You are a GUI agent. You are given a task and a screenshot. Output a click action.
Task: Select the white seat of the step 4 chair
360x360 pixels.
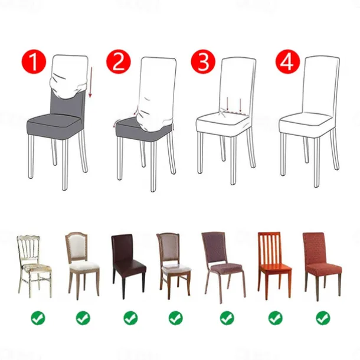310,123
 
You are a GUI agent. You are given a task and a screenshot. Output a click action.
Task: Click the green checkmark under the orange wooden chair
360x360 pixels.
275,318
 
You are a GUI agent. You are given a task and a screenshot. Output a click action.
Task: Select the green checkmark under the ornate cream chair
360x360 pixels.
38,318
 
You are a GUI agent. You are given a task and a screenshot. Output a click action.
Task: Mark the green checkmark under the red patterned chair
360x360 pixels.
322,318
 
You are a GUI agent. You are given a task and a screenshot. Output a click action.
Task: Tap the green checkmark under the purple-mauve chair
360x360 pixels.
227,318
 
